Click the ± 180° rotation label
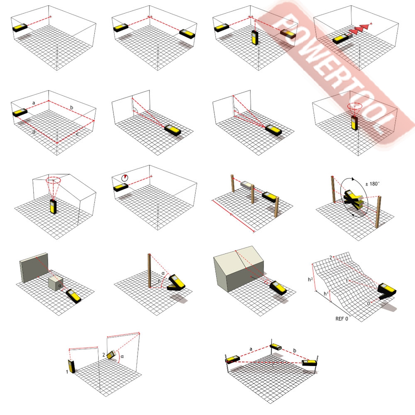[372, 184]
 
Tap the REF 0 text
[342, 319]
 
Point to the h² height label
[310, 279]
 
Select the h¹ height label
[326, 294]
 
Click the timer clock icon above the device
[124, 178]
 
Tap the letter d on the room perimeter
[34, 132]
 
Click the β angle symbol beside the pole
[159, 281]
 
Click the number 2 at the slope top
[331, 258]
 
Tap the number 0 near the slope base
[369, 304]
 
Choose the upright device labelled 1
[72, 366]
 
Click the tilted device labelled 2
[111, 355]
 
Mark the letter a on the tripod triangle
[251, 349]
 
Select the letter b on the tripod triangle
[295, 351]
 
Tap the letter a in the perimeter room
[34, 103]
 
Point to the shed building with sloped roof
[239, 268]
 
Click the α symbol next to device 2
[122, 356]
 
